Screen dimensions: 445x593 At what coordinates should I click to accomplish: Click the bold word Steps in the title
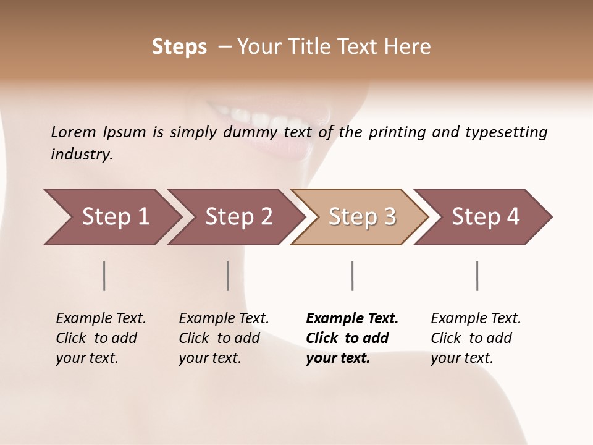coord(179,47)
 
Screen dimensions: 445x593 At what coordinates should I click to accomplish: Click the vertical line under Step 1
coord(104,276)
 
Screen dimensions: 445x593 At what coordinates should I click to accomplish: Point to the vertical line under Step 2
coord(228,276)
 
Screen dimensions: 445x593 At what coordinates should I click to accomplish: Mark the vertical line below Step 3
coord(352,276)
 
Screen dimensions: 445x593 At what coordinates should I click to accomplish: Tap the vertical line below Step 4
coord(477,276)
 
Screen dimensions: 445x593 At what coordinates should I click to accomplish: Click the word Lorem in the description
coord(74,132)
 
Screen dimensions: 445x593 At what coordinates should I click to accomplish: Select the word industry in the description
coord(82,155)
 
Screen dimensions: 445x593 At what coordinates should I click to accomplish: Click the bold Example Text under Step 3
coord(352,319)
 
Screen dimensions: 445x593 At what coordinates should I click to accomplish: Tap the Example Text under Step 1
coord(101,319)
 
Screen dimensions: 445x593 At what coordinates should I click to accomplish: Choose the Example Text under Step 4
coord(476,319)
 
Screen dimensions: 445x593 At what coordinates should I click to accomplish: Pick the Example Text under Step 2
coord(224,319)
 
